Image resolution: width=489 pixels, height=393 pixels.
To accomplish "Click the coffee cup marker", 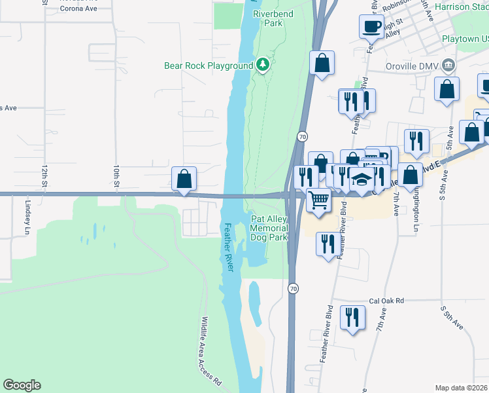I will (371, 27).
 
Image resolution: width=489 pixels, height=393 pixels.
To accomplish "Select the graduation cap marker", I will (362, 179).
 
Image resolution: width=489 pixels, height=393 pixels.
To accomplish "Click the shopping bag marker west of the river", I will (184, 178).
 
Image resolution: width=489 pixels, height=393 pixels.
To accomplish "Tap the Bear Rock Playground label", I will (209, 66).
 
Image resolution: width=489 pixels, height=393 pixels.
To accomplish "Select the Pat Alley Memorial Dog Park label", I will (269, 228).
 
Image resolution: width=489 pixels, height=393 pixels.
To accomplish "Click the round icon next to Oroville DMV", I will (448, 65).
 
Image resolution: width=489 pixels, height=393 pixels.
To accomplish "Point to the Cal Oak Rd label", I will (387, 301).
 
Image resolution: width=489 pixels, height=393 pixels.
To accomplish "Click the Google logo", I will (22, 385).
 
